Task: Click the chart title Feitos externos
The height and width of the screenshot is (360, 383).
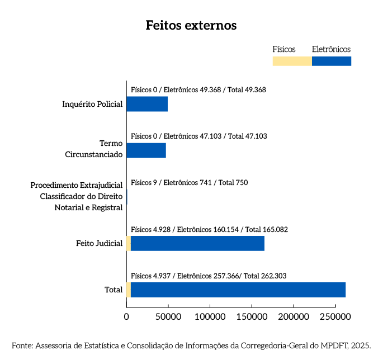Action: click(x=191, y=26)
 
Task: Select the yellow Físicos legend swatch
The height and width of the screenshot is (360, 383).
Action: click(x=292, y=61)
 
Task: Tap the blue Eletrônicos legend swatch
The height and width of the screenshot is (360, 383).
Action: click(x=332, y=61)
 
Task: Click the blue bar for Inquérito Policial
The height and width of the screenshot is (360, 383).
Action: click(x=147, y=104)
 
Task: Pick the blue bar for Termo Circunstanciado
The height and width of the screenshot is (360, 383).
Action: click(x=146, y=150)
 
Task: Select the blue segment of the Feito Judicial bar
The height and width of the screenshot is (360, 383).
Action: click(x=197, y=244)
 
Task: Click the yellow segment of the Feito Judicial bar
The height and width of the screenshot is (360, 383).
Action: click(x=129, y=244)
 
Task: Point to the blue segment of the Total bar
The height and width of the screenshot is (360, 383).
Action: click(x=238, y=290)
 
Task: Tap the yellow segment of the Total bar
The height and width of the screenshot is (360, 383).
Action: click(x=129, y=290)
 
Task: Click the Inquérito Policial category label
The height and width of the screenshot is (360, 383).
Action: click(x=92, y=104)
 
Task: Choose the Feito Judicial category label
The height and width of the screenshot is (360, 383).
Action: click(x=100, y=243)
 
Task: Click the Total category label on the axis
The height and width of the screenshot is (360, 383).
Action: click(x=114, y=290)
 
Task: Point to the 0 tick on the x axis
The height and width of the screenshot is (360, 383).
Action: click(x=126, y=316)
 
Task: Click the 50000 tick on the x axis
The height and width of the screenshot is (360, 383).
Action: click(x=168, y=316)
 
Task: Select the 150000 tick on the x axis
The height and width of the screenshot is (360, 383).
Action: click(x=252, y=316)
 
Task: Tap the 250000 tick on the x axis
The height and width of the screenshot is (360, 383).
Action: click(x=335, y=316)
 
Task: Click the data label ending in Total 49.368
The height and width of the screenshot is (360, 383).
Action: click(x=198, y=89)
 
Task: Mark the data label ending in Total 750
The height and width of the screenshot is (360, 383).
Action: click(x=189, y=182)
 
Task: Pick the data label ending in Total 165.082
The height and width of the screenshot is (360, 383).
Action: click(x=209, y=229)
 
